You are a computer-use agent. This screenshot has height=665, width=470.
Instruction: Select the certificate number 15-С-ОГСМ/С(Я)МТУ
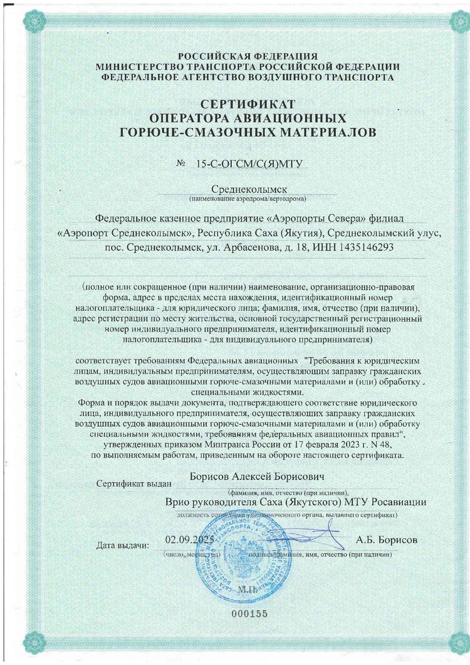(x=249, y=164)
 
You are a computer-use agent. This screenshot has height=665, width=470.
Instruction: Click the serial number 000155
(x=249, y=614)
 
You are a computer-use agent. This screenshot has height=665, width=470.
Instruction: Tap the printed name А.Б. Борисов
(x=386, y=540)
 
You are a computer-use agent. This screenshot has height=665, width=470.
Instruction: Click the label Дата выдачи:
(x=123, y=545)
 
